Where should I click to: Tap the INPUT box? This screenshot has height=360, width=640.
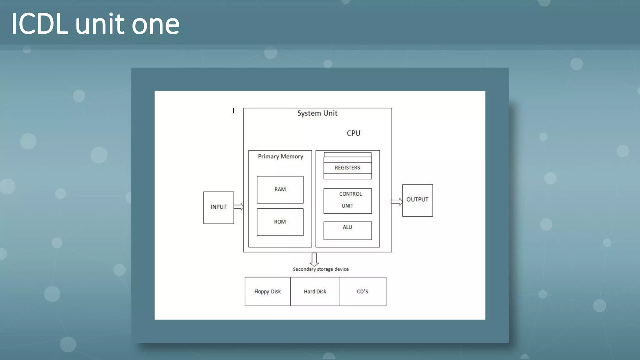click(x=218, y=207)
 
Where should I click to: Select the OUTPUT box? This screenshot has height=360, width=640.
click(x=417, y=200)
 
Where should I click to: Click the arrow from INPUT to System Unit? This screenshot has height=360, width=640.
click(x=238, y=207)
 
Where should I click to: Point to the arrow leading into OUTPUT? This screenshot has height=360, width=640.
click(x=397, y=202)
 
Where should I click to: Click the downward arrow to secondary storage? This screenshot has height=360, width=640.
click(x=314, y=259)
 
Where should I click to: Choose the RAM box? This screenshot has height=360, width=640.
click(x=280, y=189)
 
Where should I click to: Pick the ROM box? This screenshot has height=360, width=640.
click(x=280, y=222)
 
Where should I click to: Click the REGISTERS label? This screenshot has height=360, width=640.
click(x=347, y=168)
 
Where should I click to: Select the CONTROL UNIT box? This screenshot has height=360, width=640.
click(x=347, y=201)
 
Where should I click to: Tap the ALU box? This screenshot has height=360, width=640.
click(x=347, y=231)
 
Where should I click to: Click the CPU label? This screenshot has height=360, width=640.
click(x=353, y=133)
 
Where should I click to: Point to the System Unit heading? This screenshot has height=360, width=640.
click(x=317, y=113)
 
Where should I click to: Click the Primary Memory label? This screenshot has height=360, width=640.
click(x=280, y=156)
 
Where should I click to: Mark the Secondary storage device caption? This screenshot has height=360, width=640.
click(x=321, y=269)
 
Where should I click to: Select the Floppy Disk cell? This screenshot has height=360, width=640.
click(x=267, y=292)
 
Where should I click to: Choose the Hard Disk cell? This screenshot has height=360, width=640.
click(x=315, y=292)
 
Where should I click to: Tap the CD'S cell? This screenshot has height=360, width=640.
click(x=362, y=292)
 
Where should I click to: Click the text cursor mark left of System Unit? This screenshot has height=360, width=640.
click(x=233, y=111)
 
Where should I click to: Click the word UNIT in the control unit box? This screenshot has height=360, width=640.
click(x=347, y=206)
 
